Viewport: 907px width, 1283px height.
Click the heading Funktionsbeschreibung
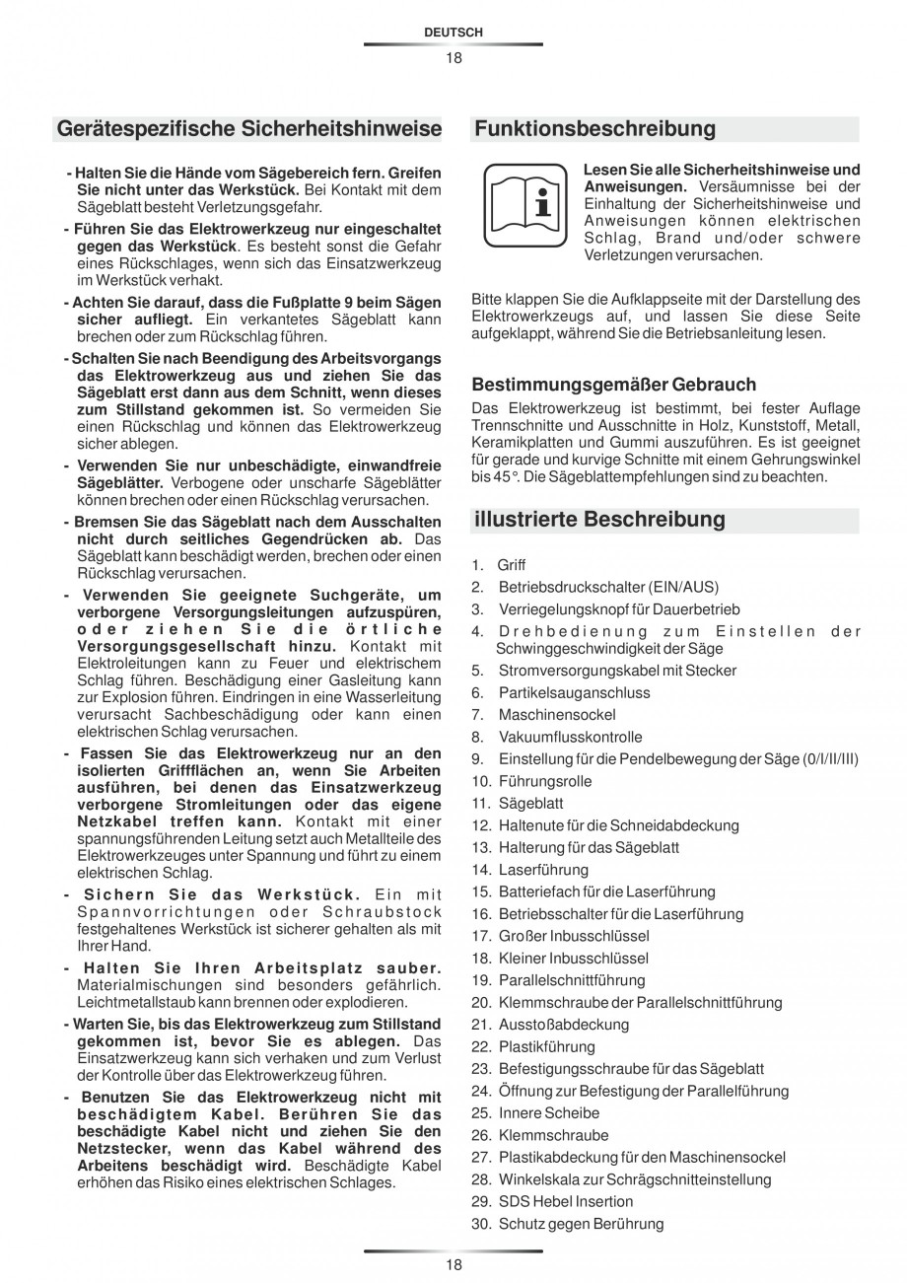tap(594, 129)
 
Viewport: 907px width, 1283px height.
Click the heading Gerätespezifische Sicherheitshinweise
tap(249, 129)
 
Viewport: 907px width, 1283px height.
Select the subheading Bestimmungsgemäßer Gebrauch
tap(613, 385)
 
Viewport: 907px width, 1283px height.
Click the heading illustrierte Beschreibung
tap(599, 520)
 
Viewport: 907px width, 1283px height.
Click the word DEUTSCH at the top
tap(453, 33)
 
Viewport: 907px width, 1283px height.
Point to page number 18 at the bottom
tap(453, 1264)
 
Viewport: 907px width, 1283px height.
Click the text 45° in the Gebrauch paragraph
tap(481, 476)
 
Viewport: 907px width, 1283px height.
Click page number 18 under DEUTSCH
tap(453, 57)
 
